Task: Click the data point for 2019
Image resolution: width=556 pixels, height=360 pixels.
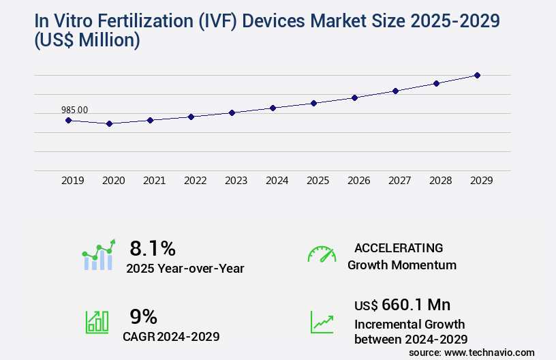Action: tap(68, 120)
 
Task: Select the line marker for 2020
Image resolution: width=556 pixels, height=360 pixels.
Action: tap(109, 123)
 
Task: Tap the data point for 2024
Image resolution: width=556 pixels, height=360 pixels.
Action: tap(273, 108)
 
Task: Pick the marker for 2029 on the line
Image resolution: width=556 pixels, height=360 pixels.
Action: tap(477, 75)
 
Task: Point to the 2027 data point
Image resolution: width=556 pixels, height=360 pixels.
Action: tap(395, 91)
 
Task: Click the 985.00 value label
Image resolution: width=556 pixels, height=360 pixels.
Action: tap(74, 110)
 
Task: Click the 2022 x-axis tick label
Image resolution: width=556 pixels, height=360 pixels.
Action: tap(195, 181)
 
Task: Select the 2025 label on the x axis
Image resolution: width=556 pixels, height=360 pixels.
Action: tap(318, 181)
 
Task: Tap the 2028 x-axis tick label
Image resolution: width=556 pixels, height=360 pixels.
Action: tap(440, 181)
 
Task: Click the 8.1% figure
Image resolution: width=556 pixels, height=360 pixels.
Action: tap(153, 247)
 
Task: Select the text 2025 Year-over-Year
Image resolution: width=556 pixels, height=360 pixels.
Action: tap(185, 269)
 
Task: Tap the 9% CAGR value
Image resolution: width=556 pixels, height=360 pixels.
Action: tap(143, 316)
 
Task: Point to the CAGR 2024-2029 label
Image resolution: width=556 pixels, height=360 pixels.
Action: tap(171, 336)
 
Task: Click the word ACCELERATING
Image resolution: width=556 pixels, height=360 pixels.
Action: tap(399, 247)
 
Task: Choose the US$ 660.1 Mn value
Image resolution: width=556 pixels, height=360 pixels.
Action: tap(402, 304)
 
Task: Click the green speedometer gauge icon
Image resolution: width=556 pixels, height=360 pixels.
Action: tap(322, 254)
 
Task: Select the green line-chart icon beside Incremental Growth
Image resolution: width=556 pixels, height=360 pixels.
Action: tap(322, 322)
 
